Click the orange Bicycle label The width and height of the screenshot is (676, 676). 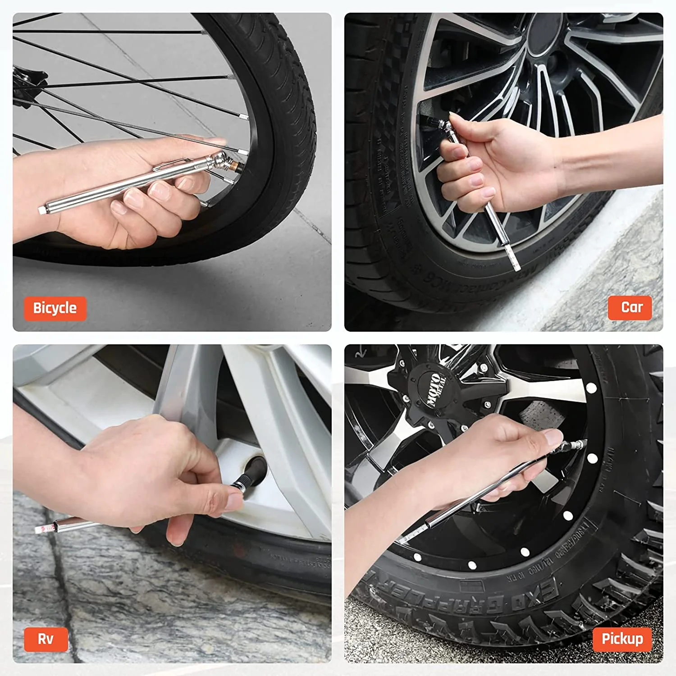(55, 308)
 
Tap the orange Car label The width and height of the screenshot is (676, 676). (630, 307)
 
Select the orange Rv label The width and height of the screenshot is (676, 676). (46, 639)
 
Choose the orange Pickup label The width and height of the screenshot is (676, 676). (622, 639)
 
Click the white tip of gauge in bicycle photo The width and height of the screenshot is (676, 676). (43, 209)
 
